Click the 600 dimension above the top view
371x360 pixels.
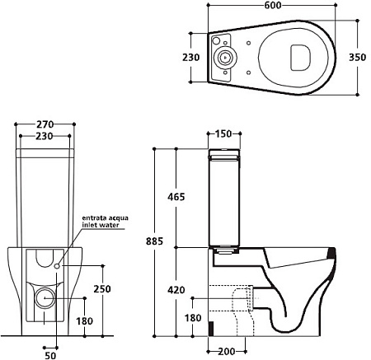[273, 5]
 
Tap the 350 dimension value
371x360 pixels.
[357, 57]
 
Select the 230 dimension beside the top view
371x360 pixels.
[191, 57]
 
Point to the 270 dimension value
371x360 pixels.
[45, 124]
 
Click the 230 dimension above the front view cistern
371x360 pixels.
[45, 136]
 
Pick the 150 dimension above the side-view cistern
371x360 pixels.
[223, 133]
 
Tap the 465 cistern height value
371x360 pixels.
[176, 197]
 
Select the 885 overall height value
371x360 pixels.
[154, 241]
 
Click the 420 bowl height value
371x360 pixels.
[176, 290]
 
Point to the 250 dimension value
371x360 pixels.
[102, 289]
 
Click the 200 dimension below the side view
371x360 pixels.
[227, 351]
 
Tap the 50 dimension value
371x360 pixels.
[50, 356]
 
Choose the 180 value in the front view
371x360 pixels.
[84, 320]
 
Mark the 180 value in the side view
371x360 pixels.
[193, 318]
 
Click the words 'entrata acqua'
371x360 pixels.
[106, 218]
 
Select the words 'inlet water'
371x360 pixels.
[101, 225]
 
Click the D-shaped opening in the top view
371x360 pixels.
[300, 57]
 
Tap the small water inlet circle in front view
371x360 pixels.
[57, 266]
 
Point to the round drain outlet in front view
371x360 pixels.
[45, 298]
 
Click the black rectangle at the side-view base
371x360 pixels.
[211, 329]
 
